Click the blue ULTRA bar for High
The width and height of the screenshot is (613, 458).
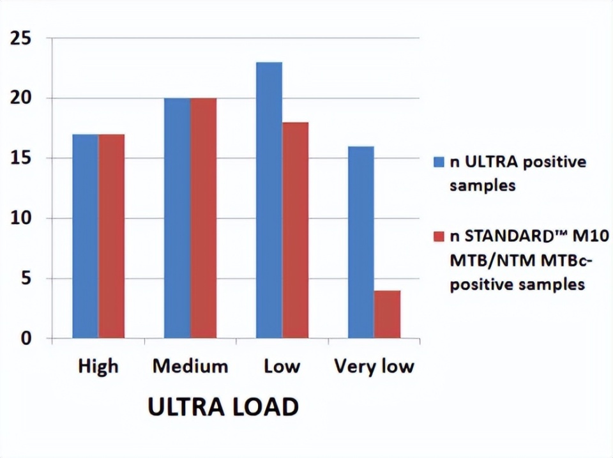click(85, 236)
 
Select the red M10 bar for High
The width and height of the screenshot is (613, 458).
click(111, 236)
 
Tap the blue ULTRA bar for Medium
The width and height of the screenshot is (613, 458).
click(177, 218)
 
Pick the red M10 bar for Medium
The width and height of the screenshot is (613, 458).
click(203, 218)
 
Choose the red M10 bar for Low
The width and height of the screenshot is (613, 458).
click(295, 230)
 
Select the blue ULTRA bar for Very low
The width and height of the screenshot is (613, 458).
click(361, 242)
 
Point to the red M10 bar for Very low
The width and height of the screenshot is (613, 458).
click(387, 314)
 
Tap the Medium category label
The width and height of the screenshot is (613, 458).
click(190, 367)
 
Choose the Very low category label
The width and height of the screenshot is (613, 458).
click(374, 367)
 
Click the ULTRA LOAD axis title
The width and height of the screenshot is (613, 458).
click(223, 408)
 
